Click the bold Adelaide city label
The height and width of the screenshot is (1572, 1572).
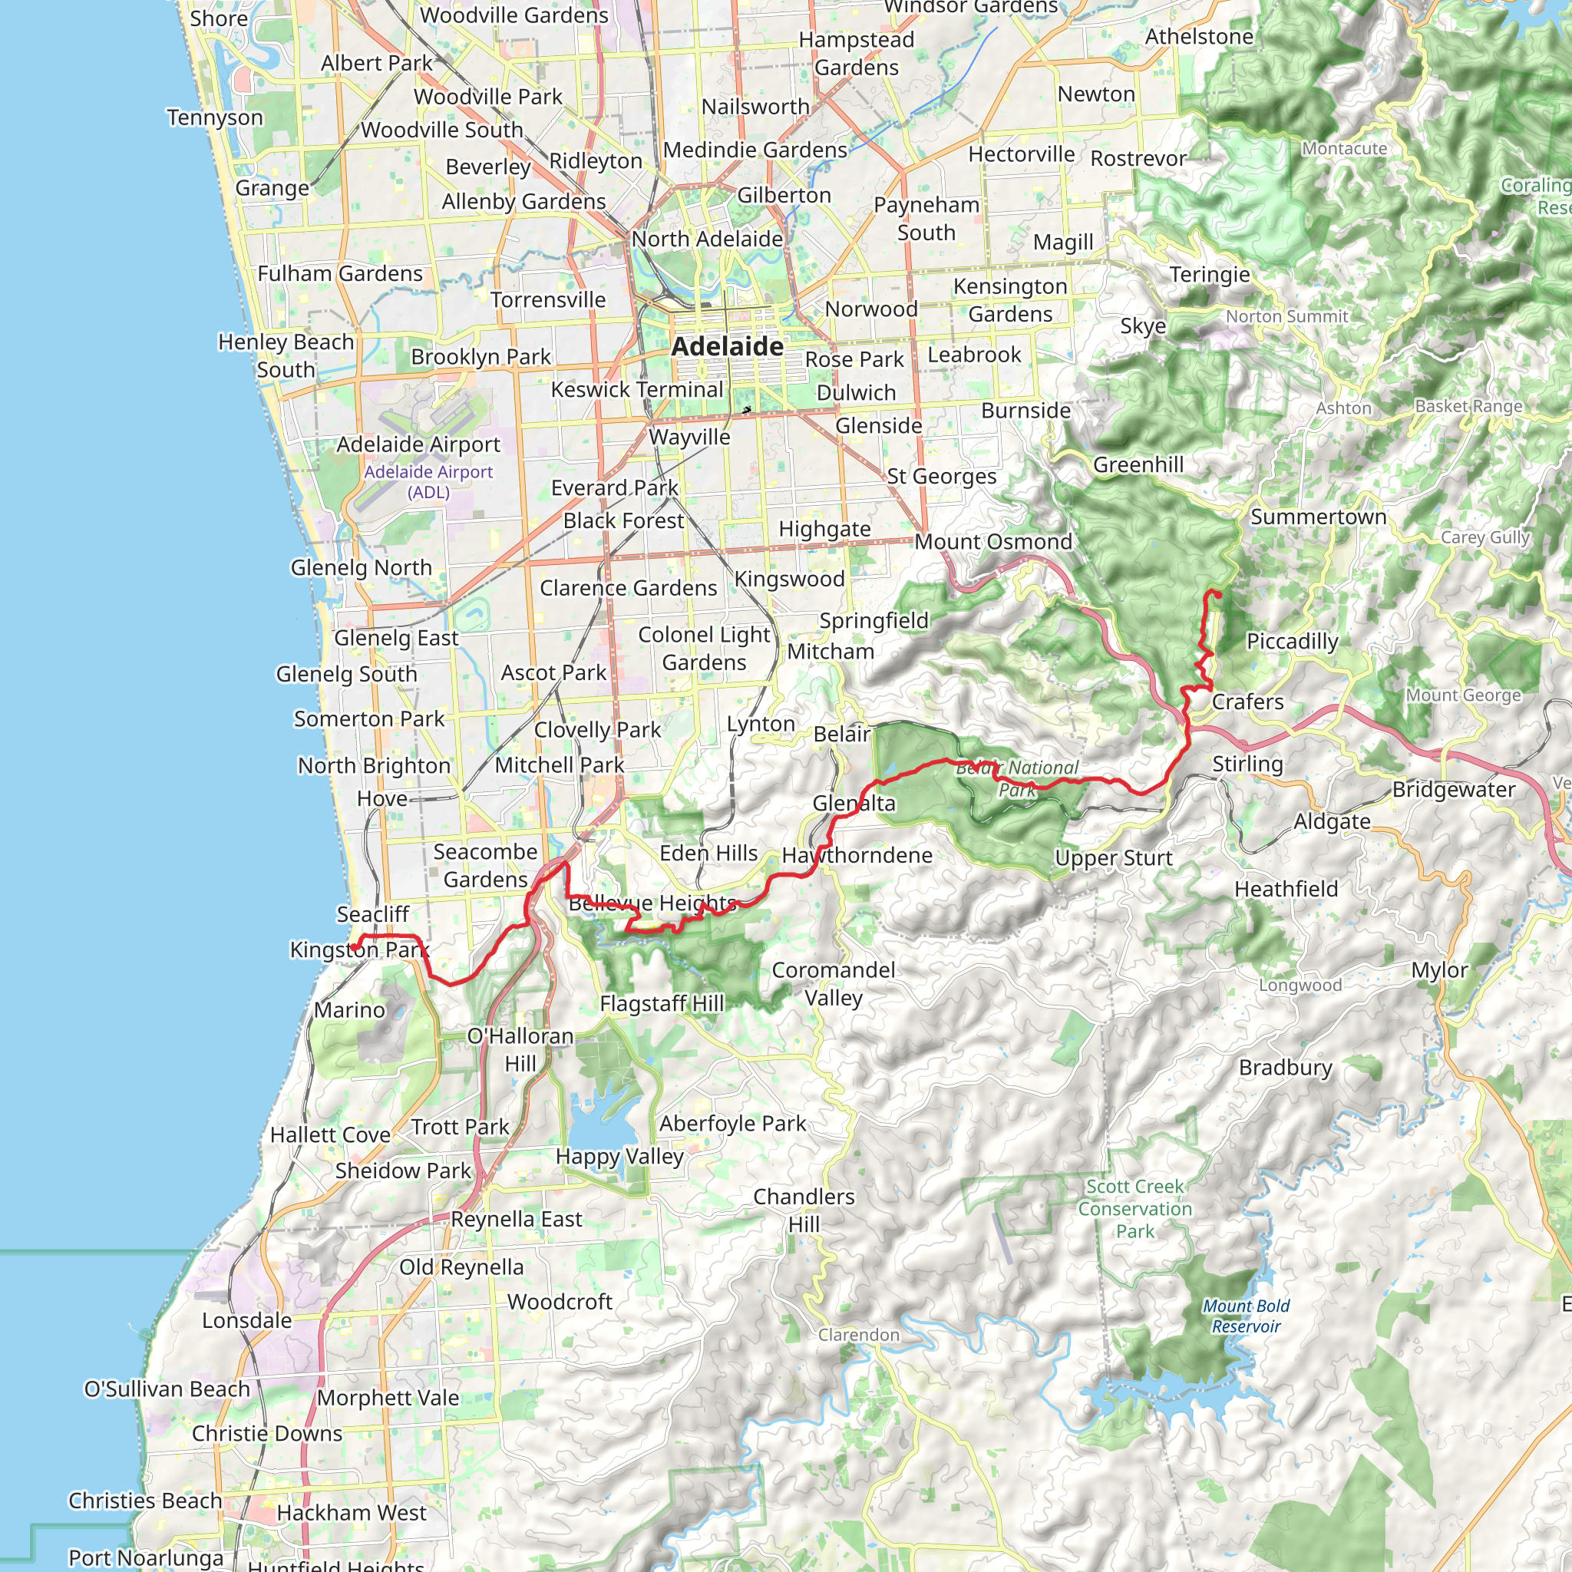(x=727, y=347)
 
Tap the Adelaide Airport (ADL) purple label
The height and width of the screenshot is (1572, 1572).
(x=428, y=482)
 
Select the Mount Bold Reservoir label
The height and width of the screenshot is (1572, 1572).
(x=1246, y=1316)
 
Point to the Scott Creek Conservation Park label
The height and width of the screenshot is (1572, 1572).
(x=1135, y=1208)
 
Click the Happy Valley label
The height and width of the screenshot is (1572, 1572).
(x=619, y=1156)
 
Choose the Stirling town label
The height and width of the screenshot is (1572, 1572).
(x=1247, y=763)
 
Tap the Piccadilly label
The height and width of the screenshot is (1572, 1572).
(x=1292, y=641)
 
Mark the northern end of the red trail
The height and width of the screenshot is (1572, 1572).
(x=1217, y=593)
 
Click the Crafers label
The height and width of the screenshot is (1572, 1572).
(x=1247, y=702)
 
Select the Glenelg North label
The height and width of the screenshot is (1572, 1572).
(x=362, y=567)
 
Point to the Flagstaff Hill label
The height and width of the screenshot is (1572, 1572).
(x=662, y=1003)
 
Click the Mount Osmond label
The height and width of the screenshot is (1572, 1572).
(x=993, y=541)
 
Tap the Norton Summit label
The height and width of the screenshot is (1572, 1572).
(x=1286, y=315)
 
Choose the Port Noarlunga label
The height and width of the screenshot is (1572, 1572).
(x=146, y=1557)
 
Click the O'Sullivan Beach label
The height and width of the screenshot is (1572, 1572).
(x=167, y=1389)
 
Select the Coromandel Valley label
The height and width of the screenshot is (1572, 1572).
(x=833, y=984)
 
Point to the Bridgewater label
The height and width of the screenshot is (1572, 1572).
(x=1453, y=789)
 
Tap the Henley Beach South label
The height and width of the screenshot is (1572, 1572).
(x=286, y=355)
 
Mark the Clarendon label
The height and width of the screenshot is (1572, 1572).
(x=858, y=1334)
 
